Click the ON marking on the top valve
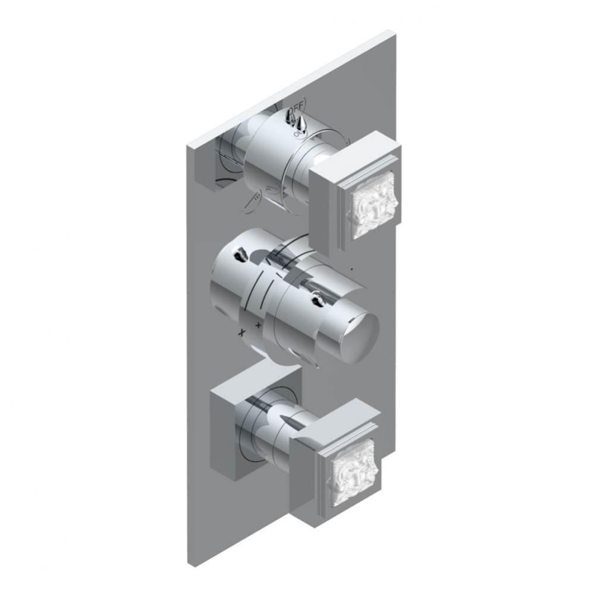(297, 134)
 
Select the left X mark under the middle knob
(242, 333)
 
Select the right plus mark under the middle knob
(259, 325)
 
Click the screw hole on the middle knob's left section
(240, 257)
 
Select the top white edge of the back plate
(291, 89)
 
